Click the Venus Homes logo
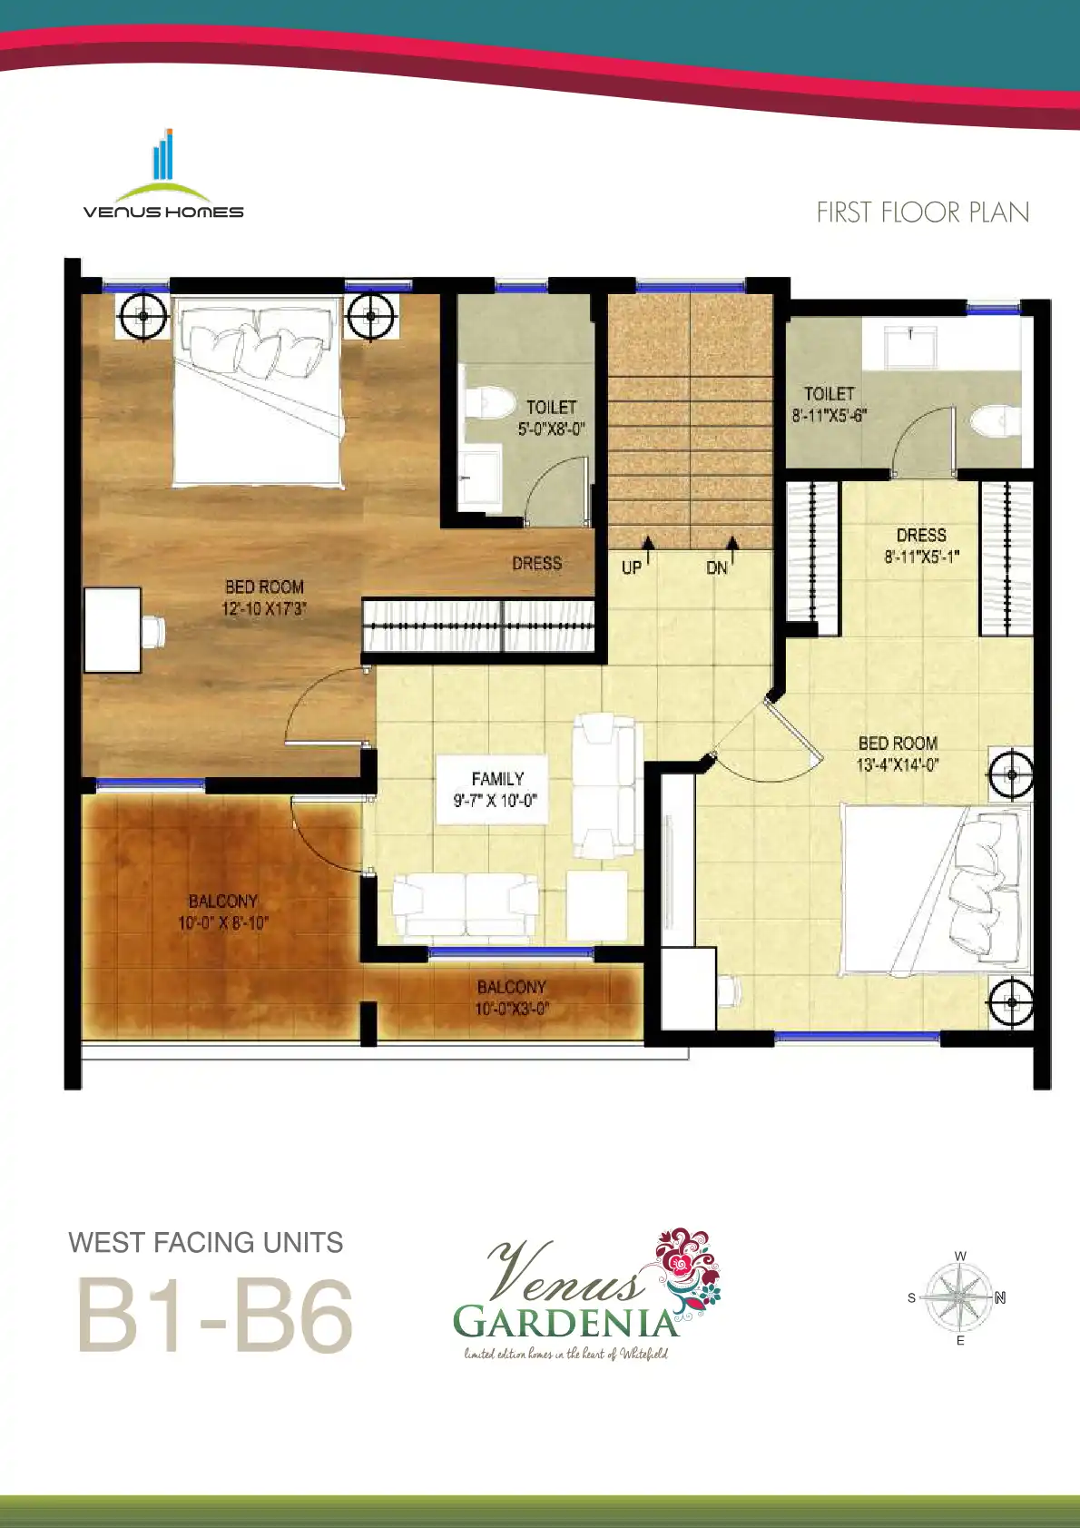point(163,174)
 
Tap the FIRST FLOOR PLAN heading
point(922,212)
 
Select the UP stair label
point(632,567)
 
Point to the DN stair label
point(717,567)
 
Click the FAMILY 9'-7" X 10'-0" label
point(496,789)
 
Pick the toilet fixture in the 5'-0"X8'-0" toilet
point(489,403)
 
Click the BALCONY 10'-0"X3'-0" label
point(511,997)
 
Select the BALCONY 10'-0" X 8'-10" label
point(223,912)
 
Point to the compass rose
point(958,1297)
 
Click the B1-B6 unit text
point(215,1316)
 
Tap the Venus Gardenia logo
point(586,1296)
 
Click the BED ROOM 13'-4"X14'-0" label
point(898,754)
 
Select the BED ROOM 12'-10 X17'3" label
point(264,597)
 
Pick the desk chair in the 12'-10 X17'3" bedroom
point(154,631)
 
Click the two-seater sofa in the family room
point(465,904)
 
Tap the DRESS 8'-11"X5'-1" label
point(922,546)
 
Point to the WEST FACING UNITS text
point(206,1242)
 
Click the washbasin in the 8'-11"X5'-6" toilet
point(910,347)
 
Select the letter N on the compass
point(1000,1297)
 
